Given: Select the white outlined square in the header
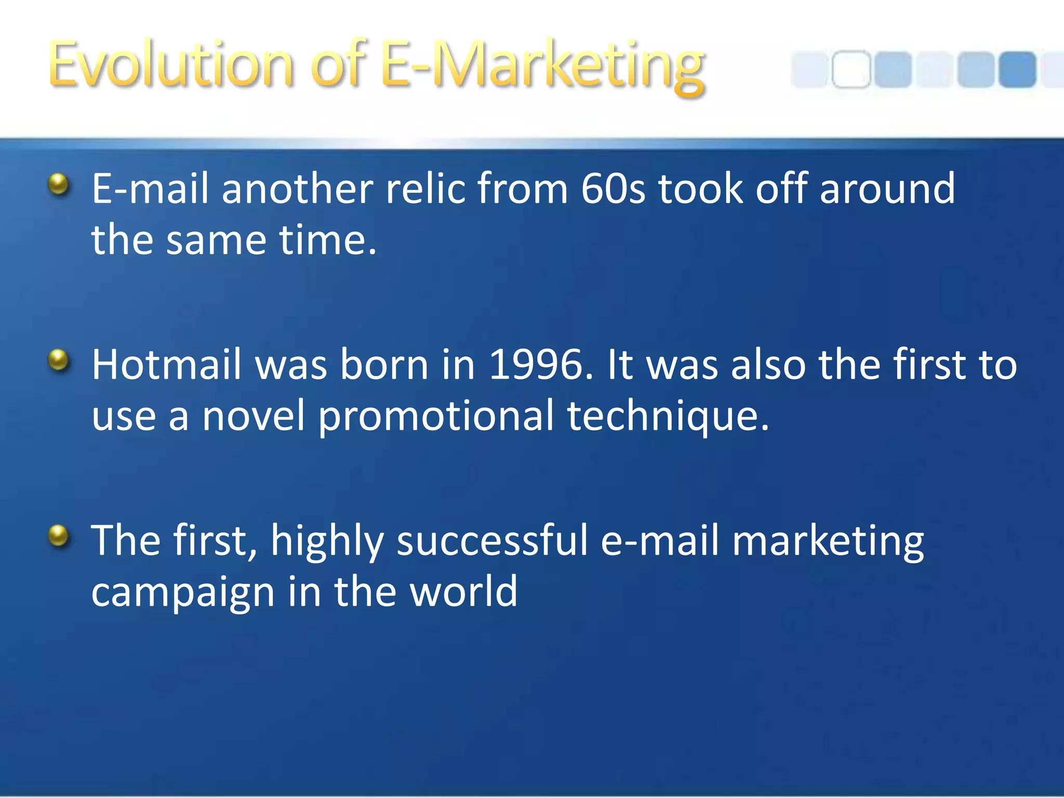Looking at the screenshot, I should coord(850,70).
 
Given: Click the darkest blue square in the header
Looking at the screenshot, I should coord(1017,70).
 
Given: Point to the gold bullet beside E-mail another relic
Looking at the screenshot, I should coord(59,184).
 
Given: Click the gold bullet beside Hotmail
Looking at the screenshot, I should coord(59,360).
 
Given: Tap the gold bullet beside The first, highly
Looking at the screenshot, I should coord(59,536).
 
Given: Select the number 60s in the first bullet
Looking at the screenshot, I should coord(613,188).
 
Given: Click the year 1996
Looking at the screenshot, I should coord(540,365).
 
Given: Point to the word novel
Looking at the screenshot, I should coord(253,416).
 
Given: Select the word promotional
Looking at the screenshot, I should coord(436,417).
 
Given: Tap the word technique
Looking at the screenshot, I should coord(668,417).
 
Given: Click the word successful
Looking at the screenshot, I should coord(492,540).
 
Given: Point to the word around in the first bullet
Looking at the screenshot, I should coord(887,188).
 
